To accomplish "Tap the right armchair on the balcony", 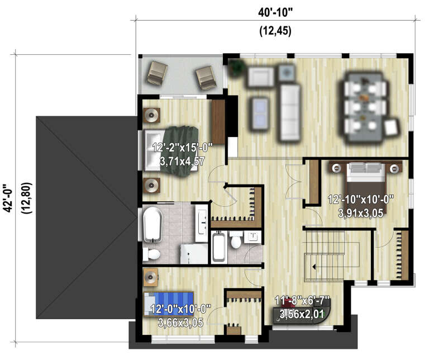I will point(206,77).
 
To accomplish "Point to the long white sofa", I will point(290,112).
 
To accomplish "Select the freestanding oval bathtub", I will point(152,224).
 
